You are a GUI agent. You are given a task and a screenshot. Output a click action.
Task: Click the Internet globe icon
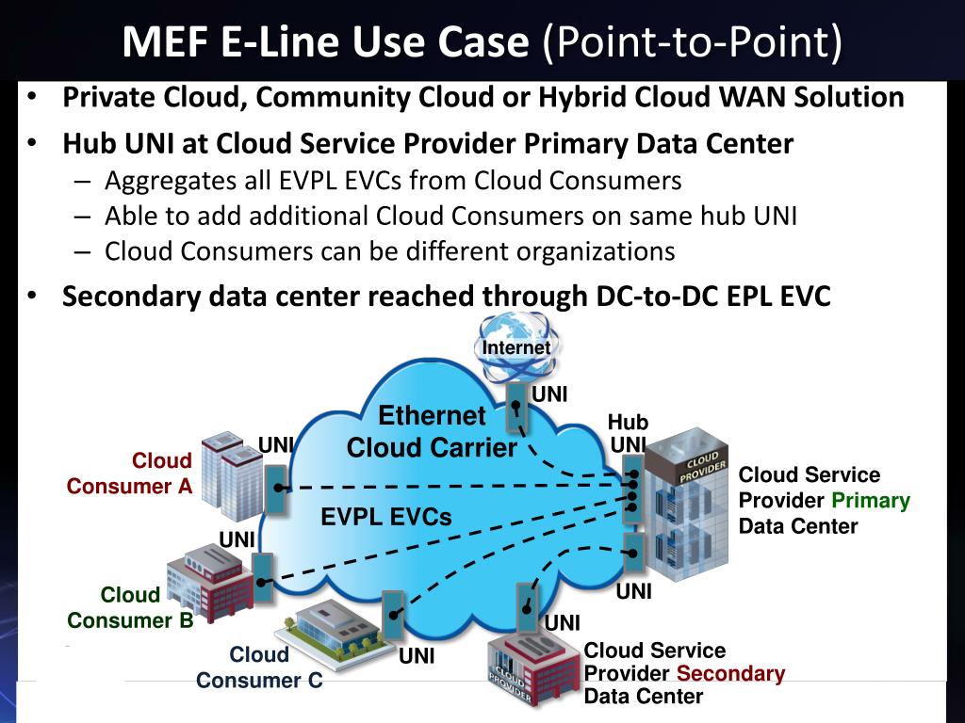pos(515,345)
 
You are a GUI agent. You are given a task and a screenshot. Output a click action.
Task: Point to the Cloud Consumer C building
pos(335,627)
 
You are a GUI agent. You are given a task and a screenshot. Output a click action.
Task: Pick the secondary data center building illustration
pos(532,669)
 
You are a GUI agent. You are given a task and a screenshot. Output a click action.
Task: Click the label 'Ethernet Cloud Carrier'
pos(432,431)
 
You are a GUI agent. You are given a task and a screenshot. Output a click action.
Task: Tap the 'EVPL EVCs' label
pos(385,517)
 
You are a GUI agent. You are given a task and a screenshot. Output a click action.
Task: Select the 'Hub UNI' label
pos(629,433)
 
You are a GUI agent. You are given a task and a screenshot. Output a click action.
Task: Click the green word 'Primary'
pos(871,501)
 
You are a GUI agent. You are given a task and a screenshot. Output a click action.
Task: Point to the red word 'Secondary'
pos(730,673)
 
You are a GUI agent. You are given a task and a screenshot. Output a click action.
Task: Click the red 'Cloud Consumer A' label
pos(130,474)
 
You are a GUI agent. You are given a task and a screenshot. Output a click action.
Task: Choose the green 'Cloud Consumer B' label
pos(130,607)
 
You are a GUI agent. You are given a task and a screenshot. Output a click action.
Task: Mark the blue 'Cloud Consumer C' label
pos(259,667)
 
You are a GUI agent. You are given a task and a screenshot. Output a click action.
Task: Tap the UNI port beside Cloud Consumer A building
pos(275,488)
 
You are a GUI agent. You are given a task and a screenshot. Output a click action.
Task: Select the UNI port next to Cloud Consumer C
pos(393,617)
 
